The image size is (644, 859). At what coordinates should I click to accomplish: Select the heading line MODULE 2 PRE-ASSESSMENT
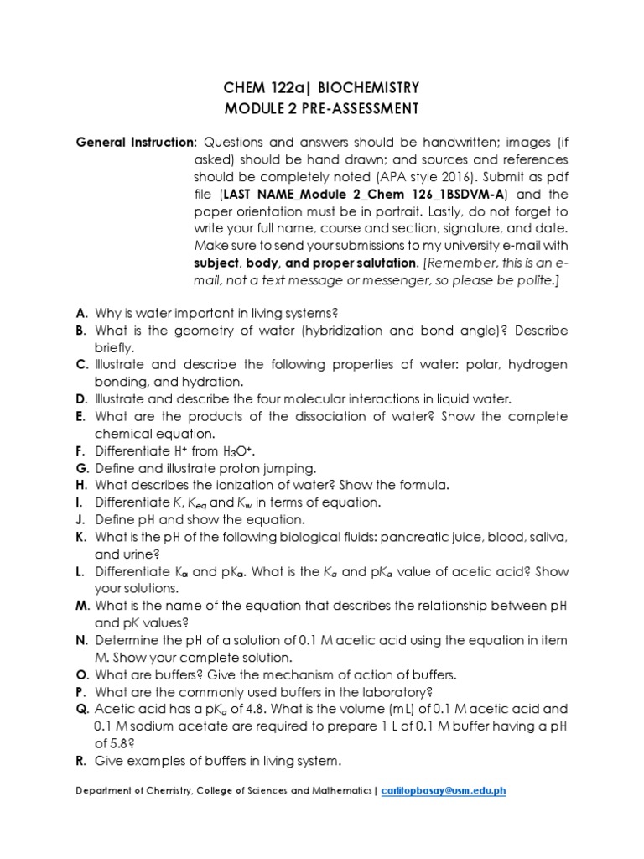pyautogui.click(x=322, y=107)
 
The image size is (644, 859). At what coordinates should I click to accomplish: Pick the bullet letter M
pyautogui.click(x=83, y=606)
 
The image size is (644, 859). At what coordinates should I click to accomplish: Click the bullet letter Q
pyautogui.click(x=82, y=709)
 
